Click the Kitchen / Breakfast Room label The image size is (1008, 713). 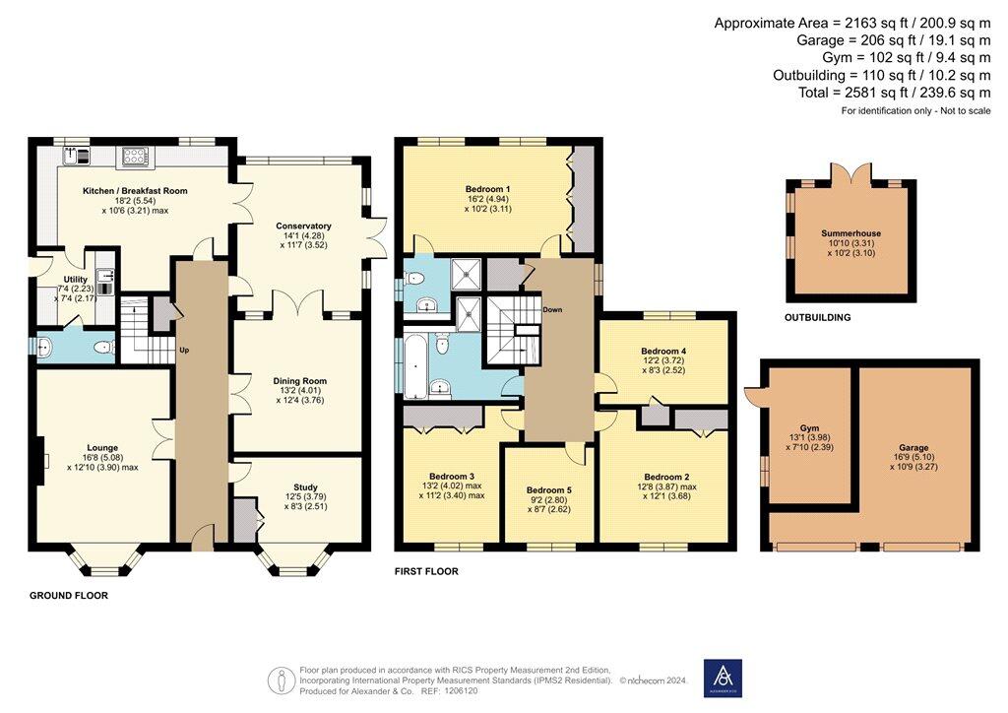135,191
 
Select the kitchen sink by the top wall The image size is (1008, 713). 77,155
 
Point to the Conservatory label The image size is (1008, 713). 303,226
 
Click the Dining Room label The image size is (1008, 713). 299,380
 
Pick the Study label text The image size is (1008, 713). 305,487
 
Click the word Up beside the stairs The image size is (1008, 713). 184,351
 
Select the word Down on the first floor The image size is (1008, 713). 552,309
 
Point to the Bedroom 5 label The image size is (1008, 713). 548,489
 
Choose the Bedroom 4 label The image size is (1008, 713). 663,351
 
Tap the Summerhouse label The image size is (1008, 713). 851,233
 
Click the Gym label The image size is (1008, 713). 809,428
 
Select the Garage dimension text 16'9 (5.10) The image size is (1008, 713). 913,457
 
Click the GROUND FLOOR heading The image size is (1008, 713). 69,596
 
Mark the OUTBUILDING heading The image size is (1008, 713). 818,317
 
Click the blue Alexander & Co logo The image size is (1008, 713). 723,679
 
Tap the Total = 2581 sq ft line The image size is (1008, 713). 894,93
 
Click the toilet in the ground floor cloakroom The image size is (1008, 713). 103,348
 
